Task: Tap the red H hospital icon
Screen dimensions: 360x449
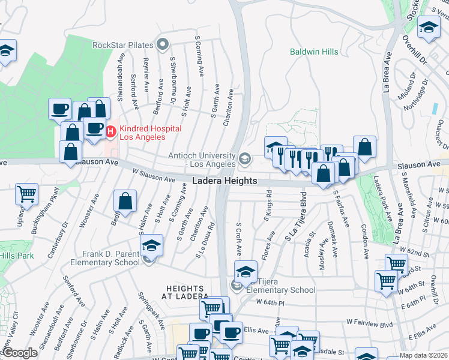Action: point(110,130)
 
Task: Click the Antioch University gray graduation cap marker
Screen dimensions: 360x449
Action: point(244,159)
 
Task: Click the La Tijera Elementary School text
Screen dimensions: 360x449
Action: point(282,286)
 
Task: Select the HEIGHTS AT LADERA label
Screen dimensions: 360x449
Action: point(187,292)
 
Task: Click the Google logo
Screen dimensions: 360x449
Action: point(20,353)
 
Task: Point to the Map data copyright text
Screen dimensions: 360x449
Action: point(424,355)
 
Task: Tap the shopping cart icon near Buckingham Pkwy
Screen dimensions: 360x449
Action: point(27,194)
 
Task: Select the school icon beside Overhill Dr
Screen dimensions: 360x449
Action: point(429,28)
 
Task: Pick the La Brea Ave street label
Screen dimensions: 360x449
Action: point(386,71)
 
